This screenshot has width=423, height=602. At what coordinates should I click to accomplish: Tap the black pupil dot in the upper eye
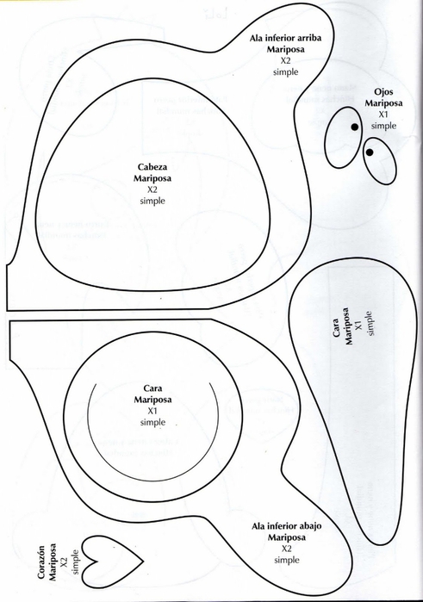pyautogui.click(x=355, y=127)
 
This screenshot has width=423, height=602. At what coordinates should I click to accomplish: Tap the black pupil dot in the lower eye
pyautogui.click(x=370, y=152)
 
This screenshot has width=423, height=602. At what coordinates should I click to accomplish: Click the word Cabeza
pyautogui.click(x=152, y=167)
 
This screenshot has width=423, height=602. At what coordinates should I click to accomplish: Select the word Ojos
pyautogui.click(x=383, y=92)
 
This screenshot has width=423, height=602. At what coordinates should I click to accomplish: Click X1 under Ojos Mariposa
pyautogui.click(x=383, y=115)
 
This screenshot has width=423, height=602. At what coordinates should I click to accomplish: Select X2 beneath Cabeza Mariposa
pyautogui.click(x=152, y=189)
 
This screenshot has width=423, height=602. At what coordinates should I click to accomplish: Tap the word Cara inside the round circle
pyautogui.click(x=152, y=388)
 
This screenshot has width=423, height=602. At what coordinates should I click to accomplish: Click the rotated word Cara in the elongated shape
pyautogui.click(x=336, y=327)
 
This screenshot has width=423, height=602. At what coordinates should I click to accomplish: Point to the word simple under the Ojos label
pyautogui.click(x=383, y=126)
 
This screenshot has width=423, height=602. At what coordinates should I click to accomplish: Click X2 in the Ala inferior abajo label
pyautogui.click(x=287, y=549)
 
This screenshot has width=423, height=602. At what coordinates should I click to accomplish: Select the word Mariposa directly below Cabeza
pyautogui.click(x=152, y=178)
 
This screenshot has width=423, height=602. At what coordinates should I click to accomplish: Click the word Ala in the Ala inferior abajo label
pyautogui.click(x=258, y=526)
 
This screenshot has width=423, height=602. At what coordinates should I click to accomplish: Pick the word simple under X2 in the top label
pyautogui.click(x=285, y=71)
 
